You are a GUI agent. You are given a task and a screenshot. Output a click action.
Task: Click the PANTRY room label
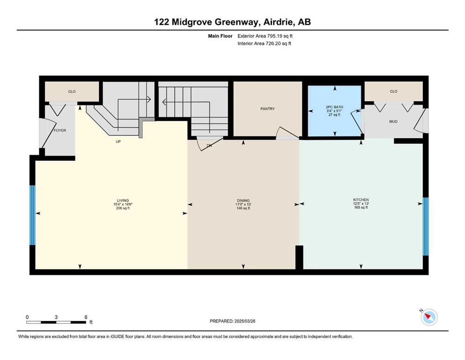[x=267, y=109]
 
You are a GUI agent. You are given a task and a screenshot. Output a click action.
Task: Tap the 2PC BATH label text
[x=334, y=107]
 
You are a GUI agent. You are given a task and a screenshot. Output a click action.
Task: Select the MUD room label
[x=393, y=121]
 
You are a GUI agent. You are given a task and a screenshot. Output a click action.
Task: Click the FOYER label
[x=60, y=130]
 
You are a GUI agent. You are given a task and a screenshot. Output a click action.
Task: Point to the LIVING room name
[x=123, y=201]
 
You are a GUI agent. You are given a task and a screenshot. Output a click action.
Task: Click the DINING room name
[x=243, y=201]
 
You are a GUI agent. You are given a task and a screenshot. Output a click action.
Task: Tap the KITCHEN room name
[x=361, y=200]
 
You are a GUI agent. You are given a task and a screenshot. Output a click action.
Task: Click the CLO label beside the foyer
[x=72, y=91]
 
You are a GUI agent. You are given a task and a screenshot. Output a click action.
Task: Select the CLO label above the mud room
[x=393, y=91]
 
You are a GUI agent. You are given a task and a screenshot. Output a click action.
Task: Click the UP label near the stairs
[x=118, y=142]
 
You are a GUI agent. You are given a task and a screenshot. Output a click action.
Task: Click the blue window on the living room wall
[x=32, y=215]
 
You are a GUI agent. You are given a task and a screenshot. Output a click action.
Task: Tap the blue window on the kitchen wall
[x=426, y=226]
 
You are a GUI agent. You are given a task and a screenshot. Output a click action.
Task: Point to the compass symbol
[x=429, y=317]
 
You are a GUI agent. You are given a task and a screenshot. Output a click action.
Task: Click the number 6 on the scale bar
[x=86, y=317]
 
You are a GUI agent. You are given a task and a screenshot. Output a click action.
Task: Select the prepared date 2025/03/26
[x=244, y=321]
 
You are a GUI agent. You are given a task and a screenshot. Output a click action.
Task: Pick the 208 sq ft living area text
[x=123, y=208]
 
